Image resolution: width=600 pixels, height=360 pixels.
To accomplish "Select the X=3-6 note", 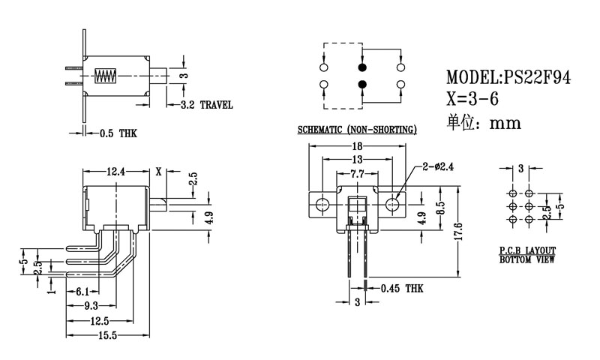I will pyautogui.click(x=472, y=100).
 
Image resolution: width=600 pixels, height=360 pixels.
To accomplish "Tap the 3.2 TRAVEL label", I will pyautogui.click(x=206, y=105).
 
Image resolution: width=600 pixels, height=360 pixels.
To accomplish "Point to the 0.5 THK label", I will pyautogui.click(x=118, y=133).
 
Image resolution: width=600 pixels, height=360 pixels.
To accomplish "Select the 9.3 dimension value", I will pyautogui.click(x=91, y=305).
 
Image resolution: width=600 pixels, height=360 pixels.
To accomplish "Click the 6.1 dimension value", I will pyautogui.click(x=83, y=290).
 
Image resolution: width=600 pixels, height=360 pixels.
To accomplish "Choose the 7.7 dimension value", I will pyautogui.click(x=357, y=174).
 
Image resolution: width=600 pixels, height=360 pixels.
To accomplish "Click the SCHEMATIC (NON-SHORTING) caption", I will pyautogui.click(x=356, y=130).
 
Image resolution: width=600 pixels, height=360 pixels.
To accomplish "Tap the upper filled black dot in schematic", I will pyautogui.click(x=362, y=67).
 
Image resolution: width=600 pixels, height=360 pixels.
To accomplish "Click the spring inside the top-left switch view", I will pyautogui.click(x=106, y=76).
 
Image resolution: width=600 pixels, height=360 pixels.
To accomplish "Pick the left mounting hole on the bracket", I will pyautogui.click(x=323, y=204).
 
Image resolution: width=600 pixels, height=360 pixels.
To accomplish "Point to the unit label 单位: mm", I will pyautogui.click(x=483, y=123).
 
